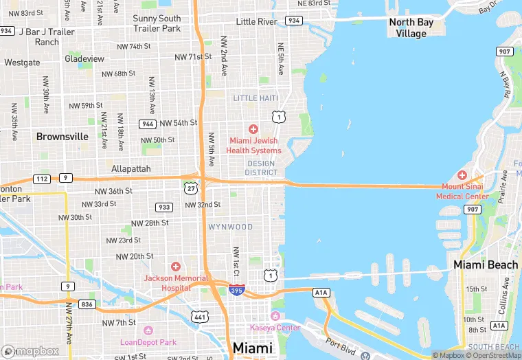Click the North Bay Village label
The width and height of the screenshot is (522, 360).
tap(411, 27)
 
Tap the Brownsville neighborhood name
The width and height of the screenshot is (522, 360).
tap(63, 137)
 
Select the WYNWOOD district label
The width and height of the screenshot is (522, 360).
tap(231, 227)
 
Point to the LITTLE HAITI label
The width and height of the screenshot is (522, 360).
tap(256, 98)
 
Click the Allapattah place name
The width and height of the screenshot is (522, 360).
tap(130, 168)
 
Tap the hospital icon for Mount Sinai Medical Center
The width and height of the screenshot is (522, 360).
tap(462, 175)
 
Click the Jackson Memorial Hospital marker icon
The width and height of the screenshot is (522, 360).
tap(176, 267)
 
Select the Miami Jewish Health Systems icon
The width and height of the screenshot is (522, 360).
tap(253, 129)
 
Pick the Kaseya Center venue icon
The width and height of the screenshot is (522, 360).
tap(275, 316)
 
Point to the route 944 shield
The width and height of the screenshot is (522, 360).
tap(147, 124)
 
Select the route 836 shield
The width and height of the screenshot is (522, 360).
tap(87, 304)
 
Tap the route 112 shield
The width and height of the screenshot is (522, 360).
tap(41, 179)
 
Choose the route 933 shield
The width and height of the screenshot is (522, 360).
tap(164, 207)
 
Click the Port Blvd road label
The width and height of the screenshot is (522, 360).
tap(341, 348)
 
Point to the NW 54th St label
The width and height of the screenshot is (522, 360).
tap(179, 123)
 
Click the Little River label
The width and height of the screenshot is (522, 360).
tap(256, 22)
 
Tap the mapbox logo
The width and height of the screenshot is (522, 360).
tap(31, 350)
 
